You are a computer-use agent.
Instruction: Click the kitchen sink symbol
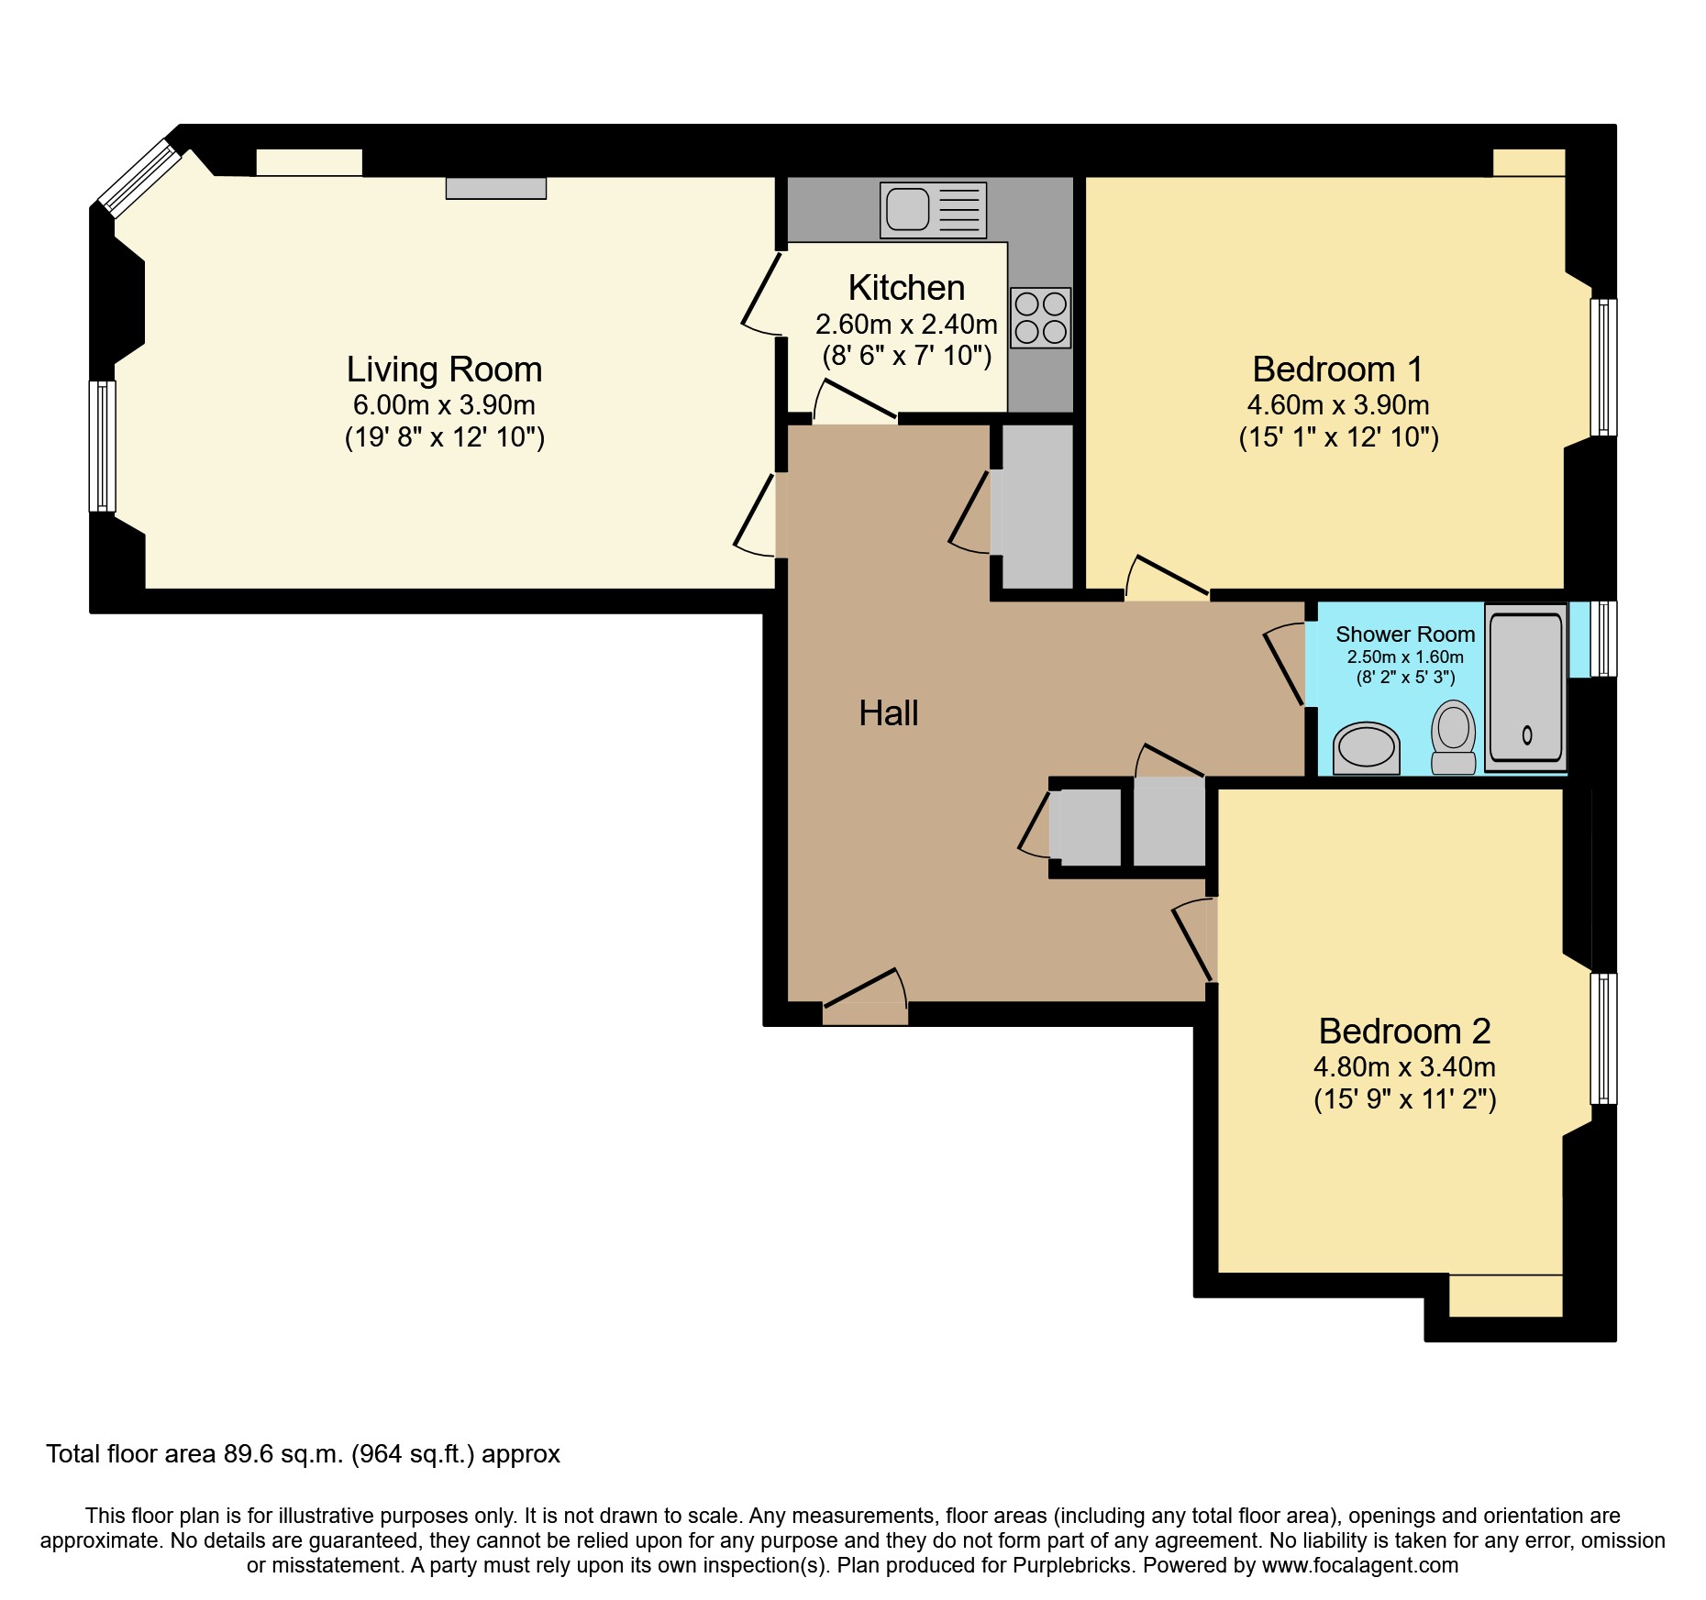(933, 209)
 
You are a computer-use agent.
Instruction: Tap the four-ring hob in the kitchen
(1040, 317)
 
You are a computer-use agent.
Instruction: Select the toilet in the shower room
(1453, 736)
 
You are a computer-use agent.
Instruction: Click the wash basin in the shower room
(1367, 748)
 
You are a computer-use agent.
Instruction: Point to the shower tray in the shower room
(1525, 688)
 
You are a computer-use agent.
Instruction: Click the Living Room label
(444, 370)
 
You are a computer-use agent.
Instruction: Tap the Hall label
(888, 713)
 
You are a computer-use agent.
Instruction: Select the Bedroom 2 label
(1404, 1032)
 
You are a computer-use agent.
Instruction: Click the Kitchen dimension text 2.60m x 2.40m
(906, 325)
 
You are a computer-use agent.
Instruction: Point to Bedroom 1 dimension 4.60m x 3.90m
(1338, 405)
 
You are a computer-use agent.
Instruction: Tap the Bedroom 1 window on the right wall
(1603, 367)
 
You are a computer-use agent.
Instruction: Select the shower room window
(1602, 638)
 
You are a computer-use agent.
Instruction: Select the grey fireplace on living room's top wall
(495, 188)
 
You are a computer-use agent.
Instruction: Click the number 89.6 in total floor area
(248, 1454)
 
